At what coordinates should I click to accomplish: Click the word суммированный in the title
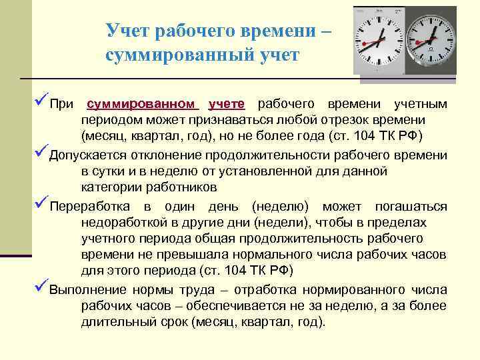coord(165,56)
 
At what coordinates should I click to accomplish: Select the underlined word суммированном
coord(143,105)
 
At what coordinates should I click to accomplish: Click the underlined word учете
coord(227,105)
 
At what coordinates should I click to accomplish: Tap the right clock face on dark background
coord(433,40)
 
